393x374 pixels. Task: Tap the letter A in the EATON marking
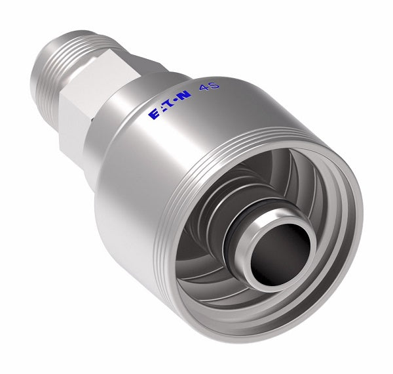tap(162, 110)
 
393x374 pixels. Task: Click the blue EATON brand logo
tap(170, 106)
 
